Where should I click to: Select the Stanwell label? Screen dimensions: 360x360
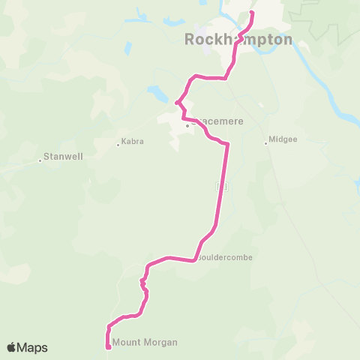click(63, 157)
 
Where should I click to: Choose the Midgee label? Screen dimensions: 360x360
click(283, 140)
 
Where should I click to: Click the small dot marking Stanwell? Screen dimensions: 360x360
click(40, 160)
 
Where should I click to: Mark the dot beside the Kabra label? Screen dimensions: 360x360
click(118, 144)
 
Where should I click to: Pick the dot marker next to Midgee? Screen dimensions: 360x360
click(266, 143)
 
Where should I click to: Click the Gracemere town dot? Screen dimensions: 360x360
click(187, 125)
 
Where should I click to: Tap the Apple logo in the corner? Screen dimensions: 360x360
click(11, 347)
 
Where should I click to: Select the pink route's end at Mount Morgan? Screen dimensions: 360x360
click(109, 346)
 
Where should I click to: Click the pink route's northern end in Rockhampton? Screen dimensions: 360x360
click(251, 13)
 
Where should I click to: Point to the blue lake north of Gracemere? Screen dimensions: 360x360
click(158, 94)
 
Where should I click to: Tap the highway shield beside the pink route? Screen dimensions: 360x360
click(220, 184)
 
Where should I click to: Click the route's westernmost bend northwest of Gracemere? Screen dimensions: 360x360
click(177, 103)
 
